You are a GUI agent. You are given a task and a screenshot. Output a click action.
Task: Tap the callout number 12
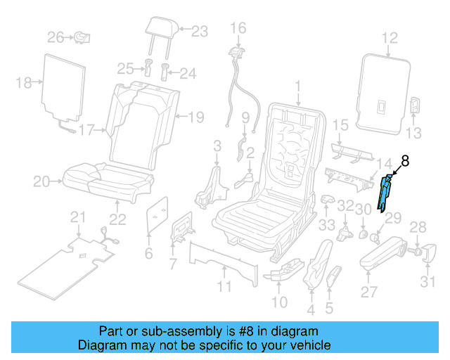click(x=390, y=38)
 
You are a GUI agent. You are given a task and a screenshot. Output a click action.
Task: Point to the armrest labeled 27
click(x=383, y=253)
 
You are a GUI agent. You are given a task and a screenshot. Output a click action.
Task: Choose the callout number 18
click(x=24, y=83)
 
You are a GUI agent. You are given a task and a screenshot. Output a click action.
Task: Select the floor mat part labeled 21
click(x=67, y=264)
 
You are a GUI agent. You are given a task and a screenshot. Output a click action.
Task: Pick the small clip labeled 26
click(x=84, y=36)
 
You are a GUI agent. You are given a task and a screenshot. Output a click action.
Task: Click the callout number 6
click(x=148, y=253)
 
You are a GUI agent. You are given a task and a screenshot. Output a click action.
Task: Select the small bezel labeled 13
click(x=415, y=105)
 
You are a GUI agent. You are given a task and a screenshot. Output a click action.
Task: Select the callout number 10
click(x=279, y=302)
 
